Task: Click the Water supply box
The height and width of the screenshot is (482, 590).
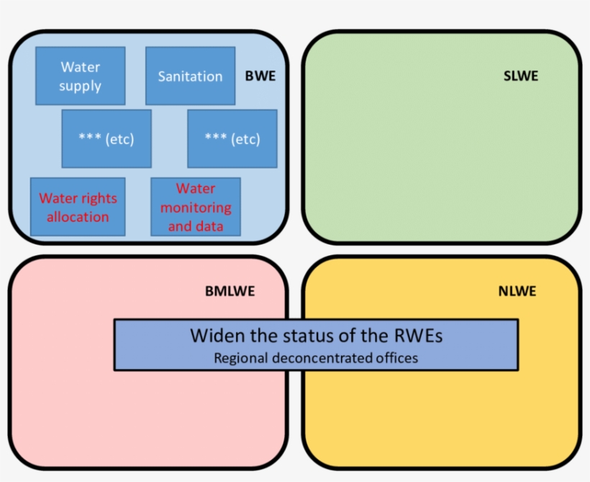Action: pos(81,76)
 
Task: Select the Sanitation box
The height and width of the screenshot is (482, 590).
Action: pos(190,76)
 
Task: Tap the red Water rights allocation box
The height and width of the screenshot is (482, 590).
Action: pos(78,207)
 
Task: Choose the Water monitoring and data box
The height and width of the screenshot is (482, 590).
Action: pos(196,207)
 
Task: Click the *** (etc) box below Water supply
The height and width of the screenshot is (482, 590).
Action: pos(106,139)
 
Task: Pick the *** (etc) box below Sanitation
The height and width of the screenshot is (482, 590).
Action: pos(232,139)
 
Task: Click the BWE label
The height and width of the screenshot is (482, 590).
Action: pos(260,76)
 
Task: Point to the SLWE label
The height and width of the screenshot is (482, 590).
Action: pos(520,76)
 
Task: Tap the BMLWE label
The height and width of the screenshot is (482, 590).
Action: pos(230,291)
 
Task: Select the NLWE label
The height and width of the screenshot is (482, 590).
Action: pos(517,291)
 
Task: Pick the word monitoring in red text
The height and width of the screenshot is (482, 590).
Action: pos(196,208)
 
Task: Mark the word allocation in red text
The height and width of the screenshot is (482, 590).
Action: pos(78,217)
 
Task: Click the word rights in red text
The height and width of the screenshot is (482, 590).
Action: pos(99,199)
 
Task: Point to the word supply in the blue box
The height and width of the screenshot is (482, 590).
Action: pos(81,86)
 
